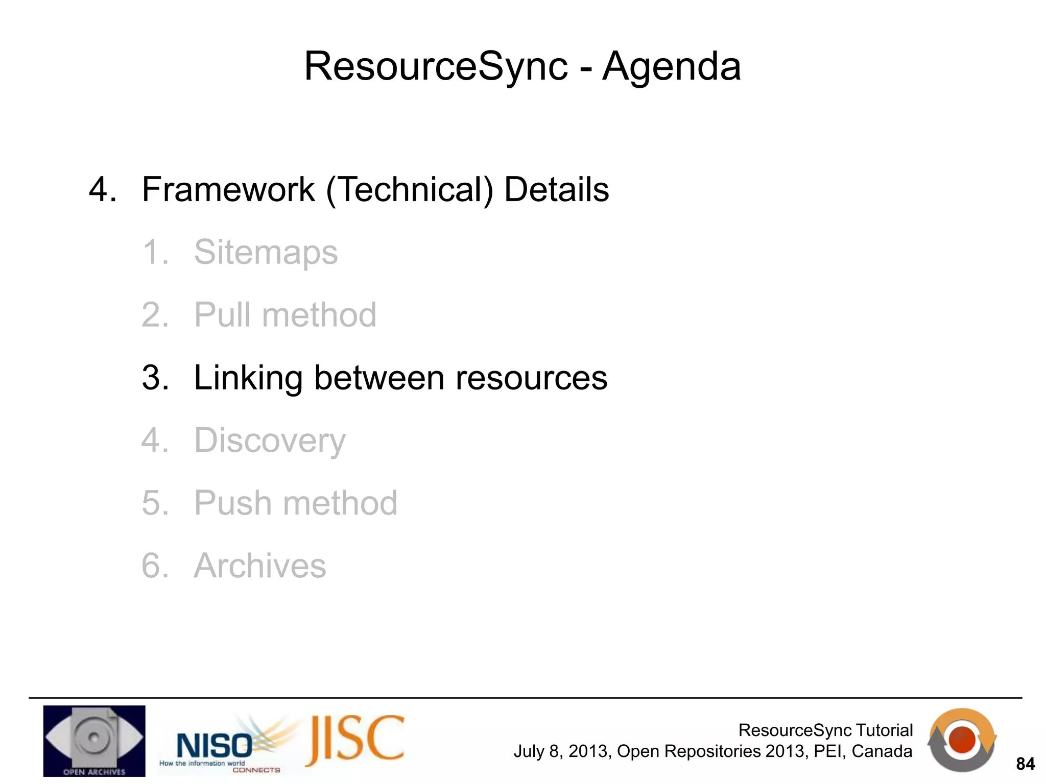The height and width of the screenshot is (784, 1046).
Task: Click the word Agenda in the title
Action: [x=671, y=66]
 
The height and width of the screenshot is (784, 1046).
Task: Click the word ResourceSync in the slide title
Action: [x=436, y=66]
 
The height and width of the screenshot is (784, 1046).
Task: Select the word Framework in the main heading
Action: [x=228, y=189]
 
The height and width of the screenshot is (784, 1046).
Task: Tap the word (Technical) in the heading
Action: [x=410, y=190]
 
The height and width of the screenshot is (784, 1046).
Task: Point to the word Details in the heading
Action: [x=556, y=189]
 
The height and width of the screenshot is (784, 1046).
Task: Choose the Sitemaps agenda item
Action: [x=266, y=252]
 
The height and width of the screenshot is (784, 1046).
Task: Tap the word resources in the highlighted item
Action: [x=531, y=378]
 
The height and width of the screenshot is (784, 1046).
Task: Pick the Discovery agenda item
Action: [x=270, y=440]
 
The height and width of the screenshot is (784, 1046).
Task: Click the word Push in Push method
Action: [x=233, y=503]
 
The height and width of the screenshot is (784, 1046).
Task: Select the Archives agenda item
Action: [x=260, y=566]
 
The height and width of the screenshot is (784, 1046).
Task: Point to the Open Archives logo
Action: [x=94, y=741]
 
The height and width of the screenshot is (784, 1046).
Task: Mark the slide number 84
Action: [x=1025, y=764]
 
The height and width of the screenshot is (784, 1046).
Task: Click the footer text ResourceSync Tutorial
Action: [x=825, y=730]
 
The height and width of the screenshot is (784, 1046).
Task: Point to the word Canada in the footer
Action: [x=882, y=751]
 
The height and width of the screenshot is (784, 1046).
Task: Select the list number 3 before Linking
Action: [x=155, y=378]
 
